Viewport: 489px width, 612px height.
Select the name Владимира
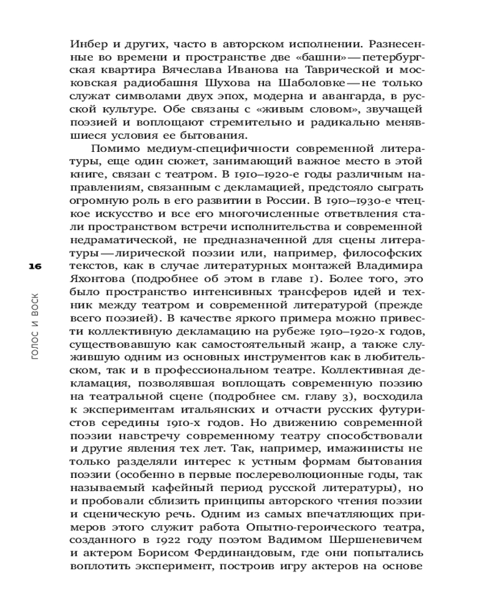coord(389,267)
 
